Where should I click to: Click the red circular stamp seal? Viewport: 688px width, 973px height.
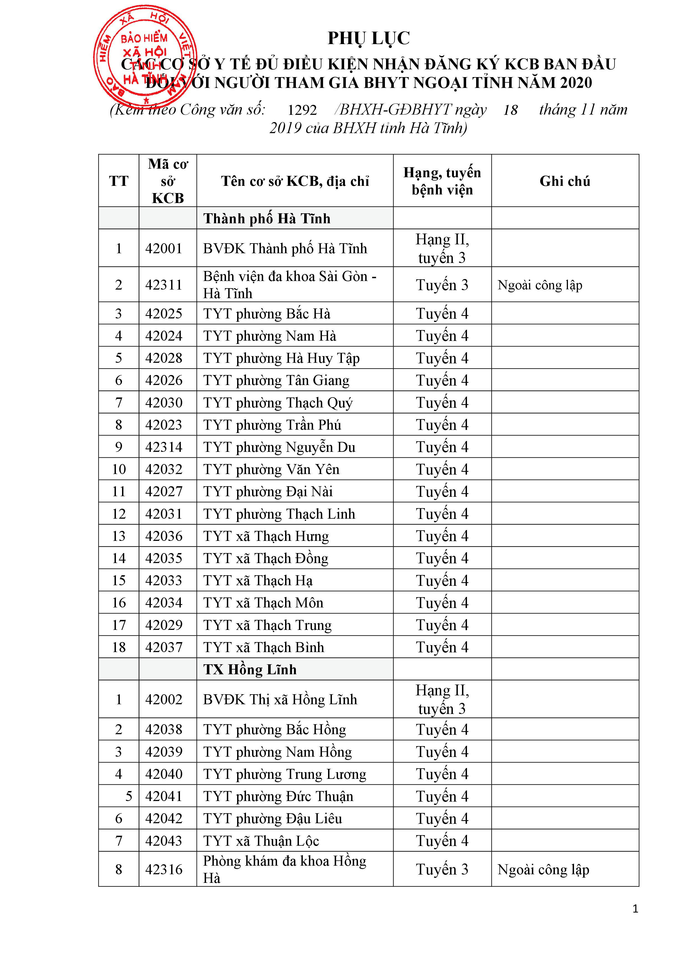[x=145, y=56]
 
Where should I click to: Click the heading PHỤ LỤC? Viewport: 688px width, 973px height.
[x=368, y=39]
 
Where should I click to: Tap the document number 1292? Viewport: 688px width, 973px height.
[x=302, y=110]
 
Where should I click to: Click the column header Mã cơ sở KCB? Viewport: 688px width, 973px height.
[x=168, y=181]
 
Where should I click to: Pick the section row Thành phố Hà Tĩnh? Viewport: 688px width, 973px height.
[x=266, y=219]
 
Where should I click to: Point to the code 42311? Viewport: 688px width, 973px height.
[x=164, y=285]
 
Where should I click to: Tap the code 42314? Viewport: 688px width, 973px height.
[x=164, y=447]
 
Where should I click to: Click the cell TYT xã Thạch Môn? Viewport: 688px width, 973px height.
[x=263, y=603]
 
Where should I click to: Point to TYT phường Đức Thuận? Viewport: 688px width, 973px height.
[x=278, y=797]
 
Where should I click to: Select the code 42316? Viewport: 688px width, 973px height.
[x=164, y=870]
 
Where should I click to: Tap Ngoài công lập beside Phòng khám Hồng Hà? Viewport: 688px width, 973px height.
[x=543, y=870]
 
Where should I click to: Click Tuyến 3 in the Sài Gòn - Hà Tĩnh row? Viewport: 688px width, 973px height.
[x=442, y=285]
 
